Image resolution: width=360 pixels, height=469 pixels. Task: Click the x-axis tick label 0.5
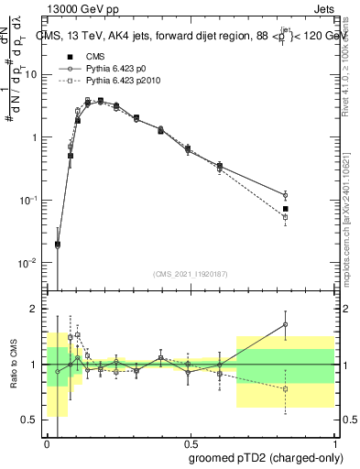(x=190, y=442)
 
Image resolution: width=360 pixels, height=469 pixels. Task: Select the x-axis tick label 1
(x=333, y=442)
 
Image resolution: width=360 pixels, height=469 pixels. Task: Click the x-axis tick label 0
(x=47, y=442)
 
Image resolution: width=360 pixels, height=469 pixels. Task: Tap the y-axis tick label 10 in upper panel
(x=32, y=74)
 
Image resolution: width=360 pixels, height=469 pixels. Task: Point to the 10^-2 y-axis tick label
(x=31, y=263)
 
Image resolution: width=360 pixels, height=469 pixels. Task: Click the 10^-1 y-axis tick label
(x=31, y=200)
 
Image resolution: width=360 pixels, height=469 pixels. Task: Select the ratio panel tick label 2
(x=37, y=309)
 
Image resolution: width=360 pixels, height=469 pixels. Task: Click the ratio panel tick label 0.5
(x=33, y=420)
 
